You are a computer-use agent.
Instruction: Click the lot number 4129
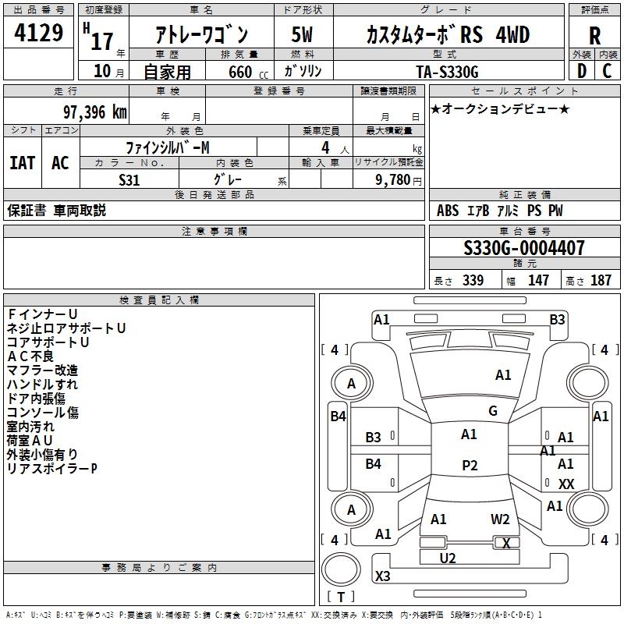39,34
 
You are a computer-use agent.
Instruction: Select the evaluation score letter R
594,35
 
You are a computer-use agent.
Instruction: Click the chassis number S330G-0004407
523,249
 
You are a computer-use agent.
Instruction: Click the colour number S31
129,179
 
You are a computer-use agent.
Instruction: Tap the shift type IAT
22,163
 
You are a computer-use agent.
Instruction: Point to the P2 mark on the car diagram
470,466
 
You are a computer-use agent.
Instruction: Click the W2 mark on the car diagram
500,519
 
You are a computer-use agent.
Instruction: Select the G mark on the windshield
493,411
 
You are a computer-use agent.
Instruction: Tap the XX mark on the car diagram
566,484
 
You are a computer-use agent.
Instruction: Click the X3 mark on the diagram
383,576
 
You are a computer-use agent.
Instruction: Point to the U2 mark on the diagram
448,558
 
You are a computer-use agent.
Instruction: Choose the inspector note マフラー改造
42,370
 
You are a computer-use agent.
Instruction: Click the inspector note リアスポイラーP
51,469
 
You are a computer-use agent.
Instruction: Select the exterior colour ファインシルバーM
168,147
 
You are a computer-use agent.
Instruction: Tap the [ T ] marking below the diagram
340,597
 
